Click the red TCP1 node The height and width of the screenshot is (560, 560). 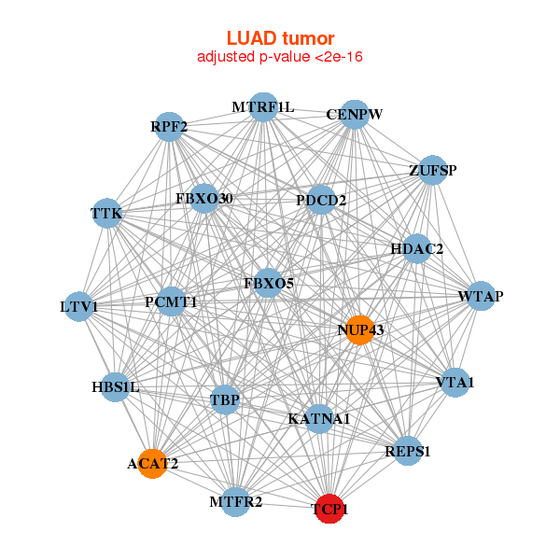[x=329, y=509]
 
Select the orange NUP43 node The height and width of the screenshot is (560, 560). [x=359, y=329]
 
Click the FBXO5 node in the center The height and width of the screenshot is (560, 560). [x=268, y=283]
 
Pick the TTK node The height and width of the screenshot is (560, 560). [x=107, y=215]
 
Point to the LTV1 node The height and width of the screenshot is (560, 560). [x=79, y=306]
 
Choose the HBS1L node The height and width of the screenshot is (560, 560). [x=115, y=386]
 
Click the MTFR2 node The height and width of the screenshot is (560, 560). [x=236, y=501]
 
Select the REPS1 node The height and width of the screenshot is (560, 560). [x=408, y=451]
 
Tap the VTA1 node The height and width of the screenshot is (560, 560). [x=455, y=383]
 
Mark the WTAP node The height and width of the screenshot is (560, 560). [x=480, y=297]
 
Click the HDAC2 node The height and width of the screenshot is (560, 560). [x=416, y=249]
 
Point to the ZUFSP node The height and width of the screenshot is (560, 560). [x=432, y=171]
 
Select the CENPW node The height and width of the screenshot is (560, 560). [x=355, y=115]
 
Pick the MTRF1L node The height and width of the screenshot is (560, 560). [x=263, y=107]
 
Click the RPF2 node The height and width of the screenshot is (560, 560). [x=169, y=126]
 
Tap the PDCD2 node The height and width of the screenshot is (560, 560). [x=321, y=200]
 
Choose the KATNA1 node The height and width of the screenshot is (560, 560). [x=318, y=418]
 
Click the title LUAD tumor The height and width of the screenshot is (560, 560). [x=280, y=38]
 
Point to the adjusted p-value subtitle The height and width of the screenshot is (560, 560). [x=280, y=57]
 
